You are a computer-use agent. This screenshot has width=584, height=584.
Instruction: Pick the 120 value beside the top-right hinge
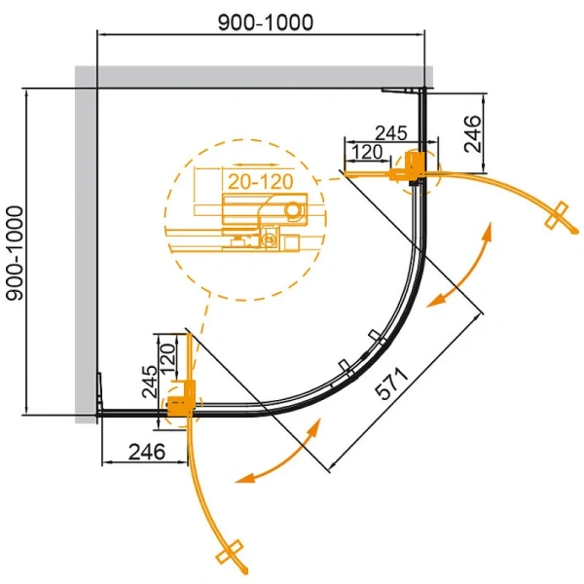tap(366, 152)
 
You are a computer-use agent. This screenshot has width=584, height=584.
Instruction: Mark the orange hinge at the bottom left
tap(180, 400)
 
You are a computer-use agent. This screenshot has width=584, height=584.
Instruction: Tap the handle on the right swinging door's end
tap(558, 216)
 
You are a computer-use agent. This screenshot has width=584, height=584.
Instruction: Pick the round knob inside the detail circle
tap(292, 207)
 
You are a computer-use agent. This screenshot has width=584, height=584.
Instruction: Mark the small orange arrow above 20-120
tap(254, 163)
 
